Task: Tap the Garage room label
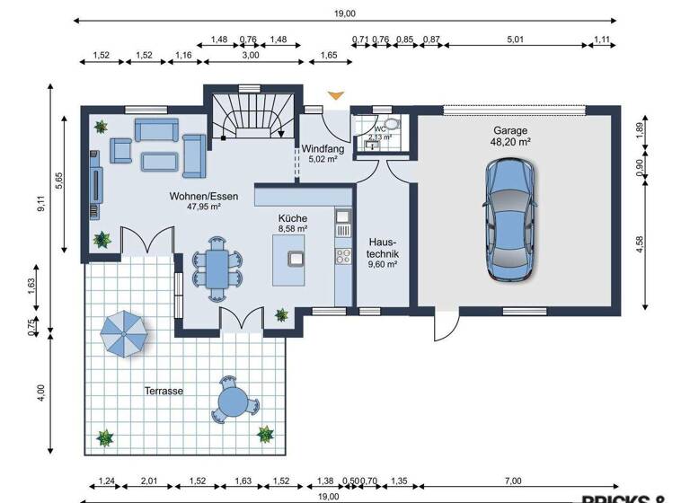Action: coord(510,129)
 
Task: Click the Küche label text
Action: coord(293,218)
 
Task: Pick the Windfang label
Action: coord(319,148)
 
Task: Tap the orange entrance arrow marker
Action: coord(336,93)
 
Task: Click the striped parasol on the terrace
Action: coord(125,334)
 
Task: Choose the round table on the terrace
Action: coord(233,397)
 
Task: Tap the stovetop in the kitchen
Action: coord(343,256)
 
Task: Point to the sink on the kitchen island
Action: coord(296,258)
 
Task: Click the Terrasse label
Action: coord(164,391)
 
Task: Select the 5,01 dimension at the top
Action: coord(515,39)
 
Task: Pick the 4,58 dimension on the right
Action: coord(639,245)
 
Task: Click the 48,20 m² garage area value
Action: coord(510,141)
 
